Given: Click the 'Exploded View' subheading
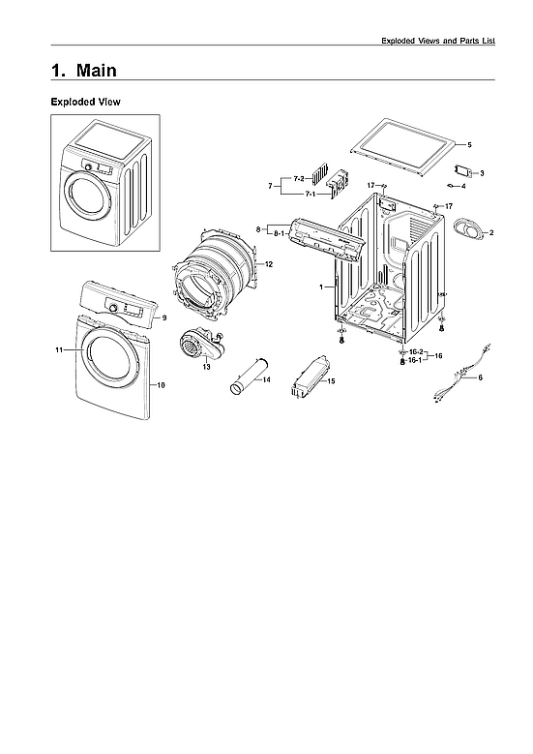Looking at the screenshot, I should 85,102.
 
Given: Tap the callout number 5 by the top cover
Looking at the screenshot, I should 469,144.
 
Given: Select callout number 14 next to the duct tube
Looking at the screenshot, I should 266,380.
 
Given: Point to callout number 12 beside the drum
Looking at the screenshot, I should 269,264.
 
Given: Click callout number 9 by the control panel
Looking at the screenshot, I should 164,317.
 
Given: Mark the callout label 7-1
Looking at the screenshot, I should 311,195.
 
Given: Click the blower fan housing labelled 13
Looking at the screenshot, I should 196,344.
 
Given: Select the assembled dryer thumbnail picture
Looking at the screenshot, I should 105,182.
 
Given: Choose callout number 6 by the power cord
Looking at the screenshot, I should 480,378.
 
